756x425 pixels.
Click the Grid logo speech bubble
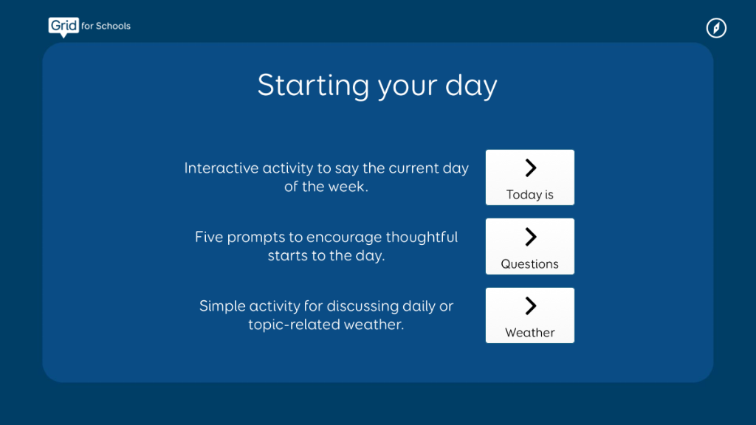click(x=63, y=27)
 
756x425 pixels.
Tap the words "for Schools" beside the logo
click(x=106, y=26)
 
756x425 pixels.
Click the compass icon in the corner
click(x=716, y=28)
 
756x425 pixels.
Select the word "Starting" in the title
click(x=313, y=86)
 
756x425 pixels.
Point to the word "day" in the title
click(x=471, y=86)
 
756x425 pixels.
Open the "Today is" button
click(x=530, y=177)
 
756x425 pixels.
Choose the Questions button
click(x=530, y=246)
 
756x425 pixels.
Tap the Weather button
click(x=530, y=316)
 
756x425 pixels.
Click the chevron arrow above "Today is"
click(x=530, y=167)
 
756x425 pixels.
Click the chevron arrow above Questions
click(x=530, y=237)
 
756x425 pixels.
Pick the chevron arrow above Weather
click(x=530, y=305)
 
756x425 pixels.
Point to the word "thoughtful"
click(x=422, y=237)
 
